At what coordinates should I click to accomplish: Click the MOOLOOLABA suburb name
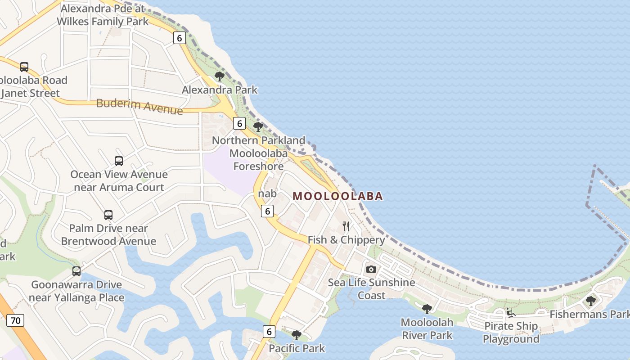tap(337, 196)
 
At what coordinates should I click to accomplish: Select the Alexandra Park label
tap(220, 90)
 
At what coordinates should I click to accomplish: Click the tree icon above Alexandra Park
tap(220, 76)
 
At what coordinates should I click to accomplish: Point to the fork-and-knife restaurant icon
tap(346, 226)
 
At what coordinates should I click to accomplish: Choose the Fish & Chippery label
tap(346, 240)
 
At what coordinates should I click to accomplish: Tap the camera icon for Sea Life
tap(371, 269)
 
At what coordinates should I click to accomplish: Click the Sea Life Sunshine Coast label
tap(371, 289)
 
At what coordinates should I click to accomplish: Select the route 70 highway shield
tap(15, 321)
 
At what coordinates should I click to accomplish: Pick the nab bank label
tap(267, 193)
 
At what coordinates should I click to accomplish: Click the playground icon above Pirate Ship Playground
tap(510, 312)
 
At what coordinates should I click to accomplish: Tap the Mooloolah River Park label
tap(427, 328)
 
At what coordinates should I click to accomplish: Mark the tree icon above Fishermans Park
tap(590, 300)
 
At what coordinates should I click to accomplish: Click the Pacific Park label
tap(297, 348)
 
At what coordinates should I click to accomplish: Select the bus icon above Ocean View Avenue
tap(119, 161)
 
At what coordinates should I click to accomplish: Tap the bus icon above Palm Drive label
tap(108, 215)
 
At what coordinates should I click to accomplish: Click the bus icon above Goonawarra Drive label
tap(76, 271)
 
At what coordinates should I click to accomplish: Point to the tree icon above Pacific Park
tap(296, 334)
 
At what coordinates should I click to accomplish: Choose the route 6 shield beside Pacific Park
tap(269, 332)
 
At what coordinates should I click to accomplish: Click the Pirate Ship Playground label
tap(511, 333)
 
